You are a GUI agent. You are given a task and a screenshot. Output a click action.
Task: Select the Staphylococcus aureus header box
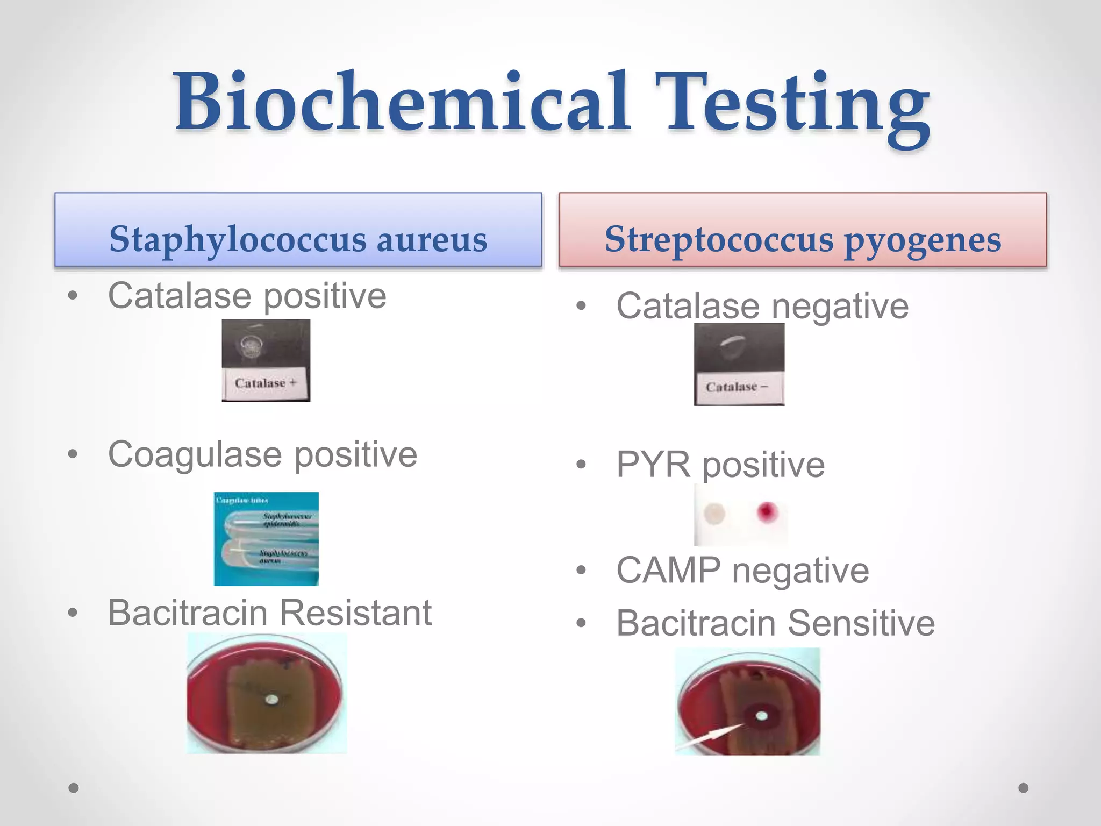click(298, 230)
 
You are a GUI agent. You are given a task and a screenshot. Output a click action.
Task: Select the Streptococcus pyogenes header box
click(803, 230)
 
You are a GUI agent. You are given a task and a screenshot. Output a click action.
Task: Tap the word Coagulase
click(195, 455)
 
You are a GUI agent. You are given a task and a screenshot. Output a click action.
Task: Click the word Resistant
click(355, 613)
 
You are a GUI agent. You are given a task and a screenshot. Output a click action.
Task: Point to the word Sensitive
click(861, 624)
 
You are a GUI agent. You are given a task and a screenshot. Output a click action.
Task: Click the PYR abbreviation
click(653, 465)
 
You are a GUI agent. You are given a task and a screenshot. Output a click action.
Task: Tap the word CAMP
click(668, 571)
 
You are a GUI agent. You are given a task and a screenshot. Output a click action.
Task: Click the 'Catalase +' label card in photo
click(265, 383)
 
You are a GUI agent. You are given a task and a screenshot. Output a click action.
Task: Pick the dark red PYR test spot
click(767, 511)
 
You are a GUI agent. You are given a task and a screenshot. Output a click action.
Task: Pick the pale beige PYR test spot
click(714, 514)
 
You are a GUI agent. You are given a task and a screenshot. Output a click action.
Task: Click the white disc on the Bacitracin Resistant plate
click(273, 700)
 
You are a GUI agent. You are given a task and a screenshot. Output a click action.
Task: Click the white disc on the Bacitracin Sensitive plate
click(761, 716)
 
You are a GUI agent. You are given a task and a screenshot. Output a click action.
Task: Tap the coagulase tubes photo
click(266, 539)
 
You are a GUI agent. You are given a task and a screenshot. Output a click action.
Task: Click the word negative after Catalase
click(840, 307)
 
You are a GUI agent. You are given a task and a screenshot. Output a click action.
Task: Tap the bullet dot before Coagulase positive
click(73, 454)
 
